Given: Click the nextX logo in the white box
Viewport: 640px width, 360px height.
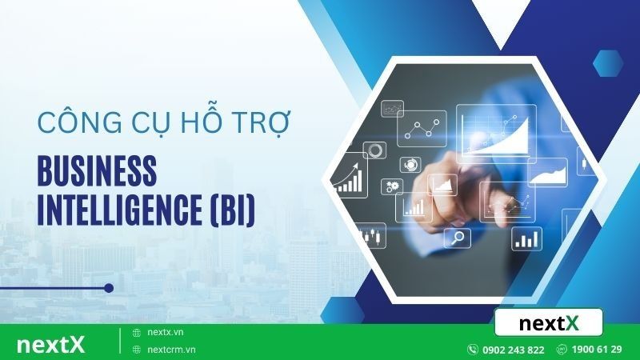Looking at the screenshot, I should [x=549, y=323].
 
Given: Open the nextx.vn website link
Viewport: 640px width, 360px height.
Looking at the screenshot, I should [x=166, y=332].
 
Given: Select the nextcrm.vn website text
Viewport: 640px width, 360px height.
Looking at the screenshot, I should [x=172, y=350].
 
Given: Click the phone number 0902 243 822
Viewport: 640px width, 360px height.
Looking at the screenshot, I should [x=513, y=350].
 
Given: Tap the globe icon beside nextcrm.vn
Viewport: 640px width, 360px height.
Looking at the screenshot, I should [x=137, y=350].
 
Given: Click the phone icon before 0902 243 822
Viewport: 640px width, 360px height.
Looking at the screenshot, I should [x=473, y=350].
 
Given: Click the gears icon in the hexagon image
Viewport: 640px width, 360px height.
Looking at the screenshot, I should [x=394, y=186].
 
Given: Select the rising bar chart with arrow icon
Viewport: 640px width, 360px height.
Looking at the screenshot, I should [x=350, y=178].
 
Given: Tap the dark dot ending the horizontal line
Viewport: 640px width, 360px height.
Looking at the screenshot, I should [x=109, y=288].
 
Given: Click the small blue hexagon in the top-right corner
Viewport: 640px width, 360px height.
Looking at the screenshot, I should [x=608, y=62].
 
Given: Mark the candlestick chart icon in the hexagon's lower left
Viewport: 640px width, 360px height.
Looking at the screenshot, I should [x=370, y=235].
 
